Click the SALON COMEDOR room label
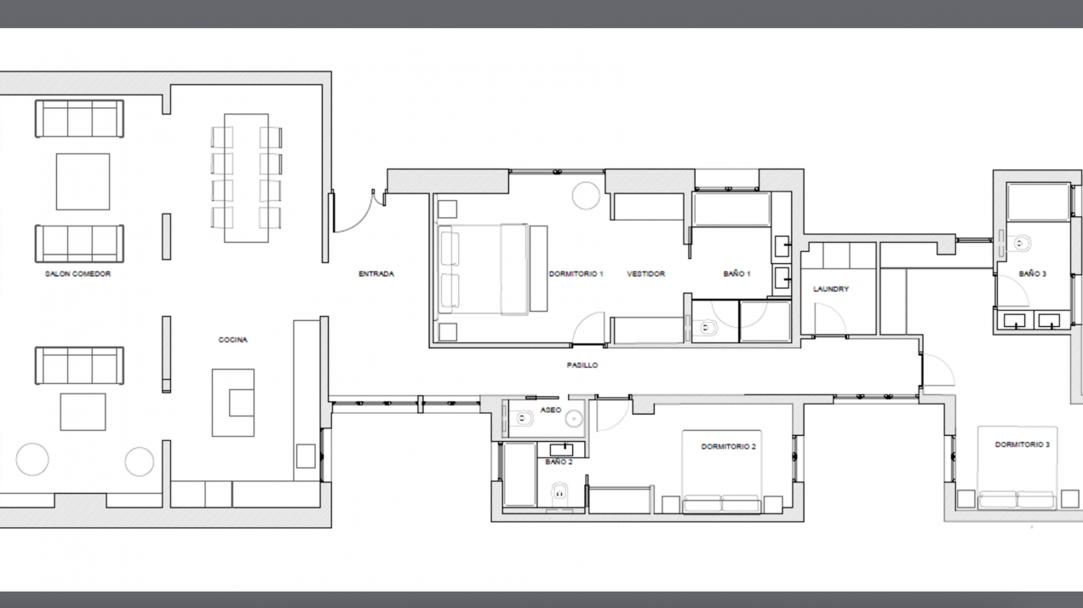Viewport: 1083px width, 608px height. [x=78, y=274]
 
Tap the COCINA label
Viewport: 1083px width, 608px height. [x=232, y=340]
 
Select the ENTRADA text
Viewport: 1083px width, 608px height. [x=375, y=274]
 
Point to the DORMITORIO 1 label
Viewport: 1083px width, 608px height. [x=576, y=274]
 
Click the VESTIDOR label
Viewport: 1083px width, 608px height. [x=645, y=274]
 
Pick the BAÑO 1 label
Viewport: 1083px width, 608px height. [x=736, y=274]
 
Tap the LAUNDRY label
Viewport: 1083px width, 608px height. [x=831, y=289]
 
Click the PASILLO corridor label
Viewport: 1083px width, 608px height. [x=582, y=365]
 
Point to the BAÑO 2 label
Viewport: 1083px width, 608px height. [x=559, y=461]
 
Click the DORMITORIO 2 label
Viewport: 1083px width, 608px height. [x=729, y=446]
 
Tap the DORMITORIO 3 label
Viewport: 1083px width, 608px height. [x=1023, y=445]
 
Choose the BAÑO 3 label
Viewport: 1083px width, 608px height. [x=1032, y=274]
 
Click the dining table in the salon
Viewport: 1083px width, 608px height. [x=246, y=177]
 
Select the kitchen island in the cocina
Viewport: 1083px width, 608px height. [x=232, y=402]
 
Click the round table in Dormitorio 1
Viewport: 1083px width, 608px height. [x=587, y=195]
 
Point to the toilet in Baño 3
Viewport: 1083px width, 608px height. [x=1022, y=244]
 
